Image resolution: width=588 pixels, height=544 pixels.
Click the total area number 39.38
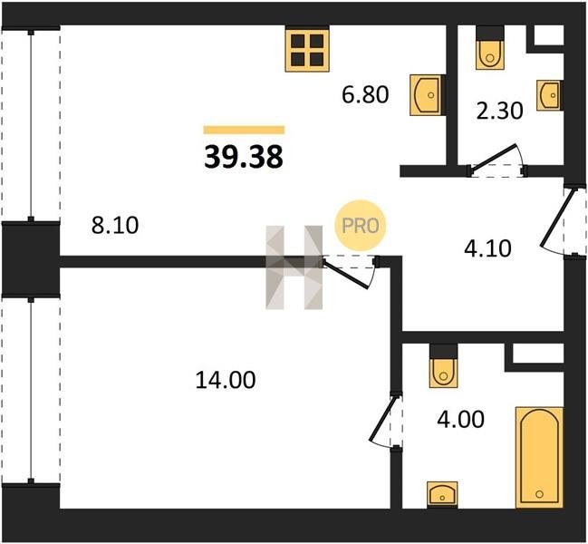[244, 157]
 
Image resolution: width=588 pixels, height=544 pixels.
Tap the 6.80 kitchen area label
[365, 94]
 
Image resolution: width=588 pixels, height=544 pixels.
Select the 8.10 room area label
[115, 225]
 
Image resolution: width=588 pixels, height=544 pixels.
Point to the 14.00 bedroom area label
[226, 379]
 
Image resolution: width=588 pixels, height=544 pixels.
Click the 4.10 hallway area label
[487, 248]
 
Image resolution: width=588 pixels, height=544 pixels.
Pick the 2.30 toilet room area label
[499, 111]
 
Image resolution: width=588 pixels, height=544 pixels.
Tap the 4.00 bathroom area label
[460, 419]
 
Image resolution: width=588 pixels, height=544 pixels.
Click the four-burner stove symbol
[307, 50]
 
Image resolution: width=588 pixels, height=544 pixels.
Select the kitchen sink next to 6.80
[428, 95]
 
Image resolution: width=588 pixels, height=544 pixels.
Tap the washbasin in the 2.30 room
[550, 95]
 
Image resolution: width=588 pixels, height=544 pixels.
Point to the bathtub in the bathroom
[539, 457]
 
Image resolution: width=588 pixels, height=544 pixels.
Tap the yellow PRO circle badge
[361, 226]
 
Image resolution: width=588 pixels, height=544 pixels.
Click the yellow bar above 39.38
[244, 130]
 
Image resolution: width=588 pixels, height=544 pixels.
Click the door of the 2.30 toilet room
[496, 161]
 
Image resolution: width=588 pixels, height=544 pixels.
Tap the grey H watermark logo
[294, 267]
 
